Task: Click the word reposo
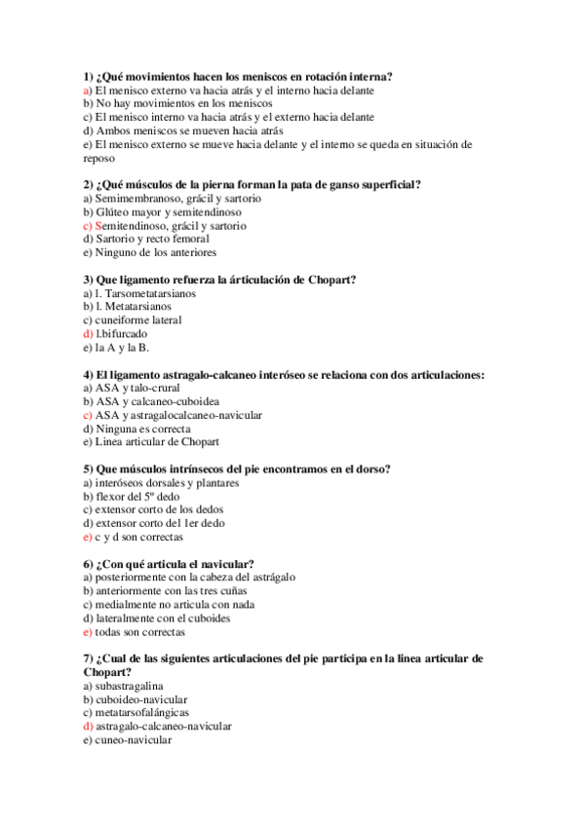click(99, 157)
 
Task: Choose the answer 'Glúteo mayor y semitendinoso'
click(162, 211)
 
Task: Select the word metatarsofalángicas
click(141, 712)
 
